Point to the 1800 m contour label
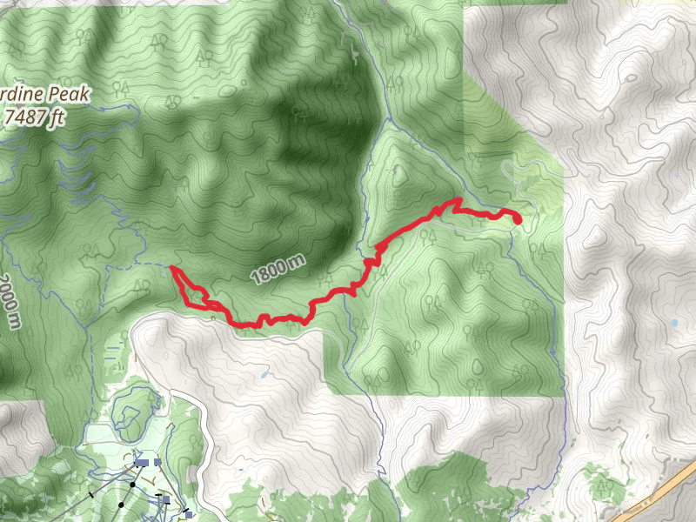pyautogui.click(x=278, y=271)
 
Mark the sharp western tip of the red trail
pyautogui.click(x=172, y=270)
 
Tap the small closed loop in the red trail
pyautogui.click(x=203, y=301)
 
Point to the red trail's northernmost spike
pyautogui.click(x=456, y=201)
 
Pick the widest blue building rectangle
pyautogui.click(x=147, y=463)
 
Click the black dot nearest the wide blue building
pyautogui.click(x=132, y=482)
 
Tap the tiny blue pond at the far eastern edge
pyautogui.click(x=674, y=323)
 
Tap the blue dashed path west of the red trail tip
pyautogui.click(x=152, y=262)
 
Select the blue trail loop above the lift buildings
pyautogui.click(x=130, y=409)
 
